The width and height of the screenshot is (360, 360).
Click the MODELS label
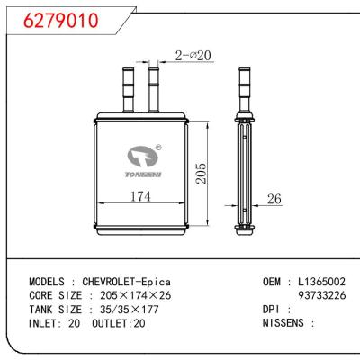(x=48, y=281)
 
